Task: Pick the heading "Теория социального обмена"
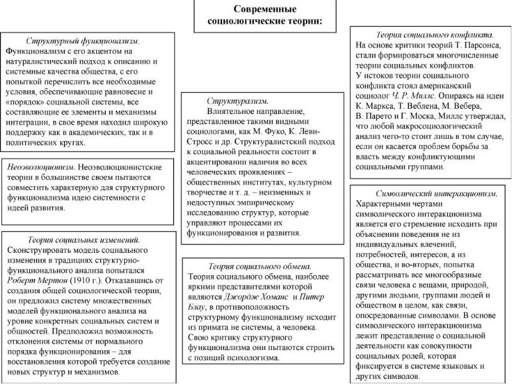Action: tap(260, 265)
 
